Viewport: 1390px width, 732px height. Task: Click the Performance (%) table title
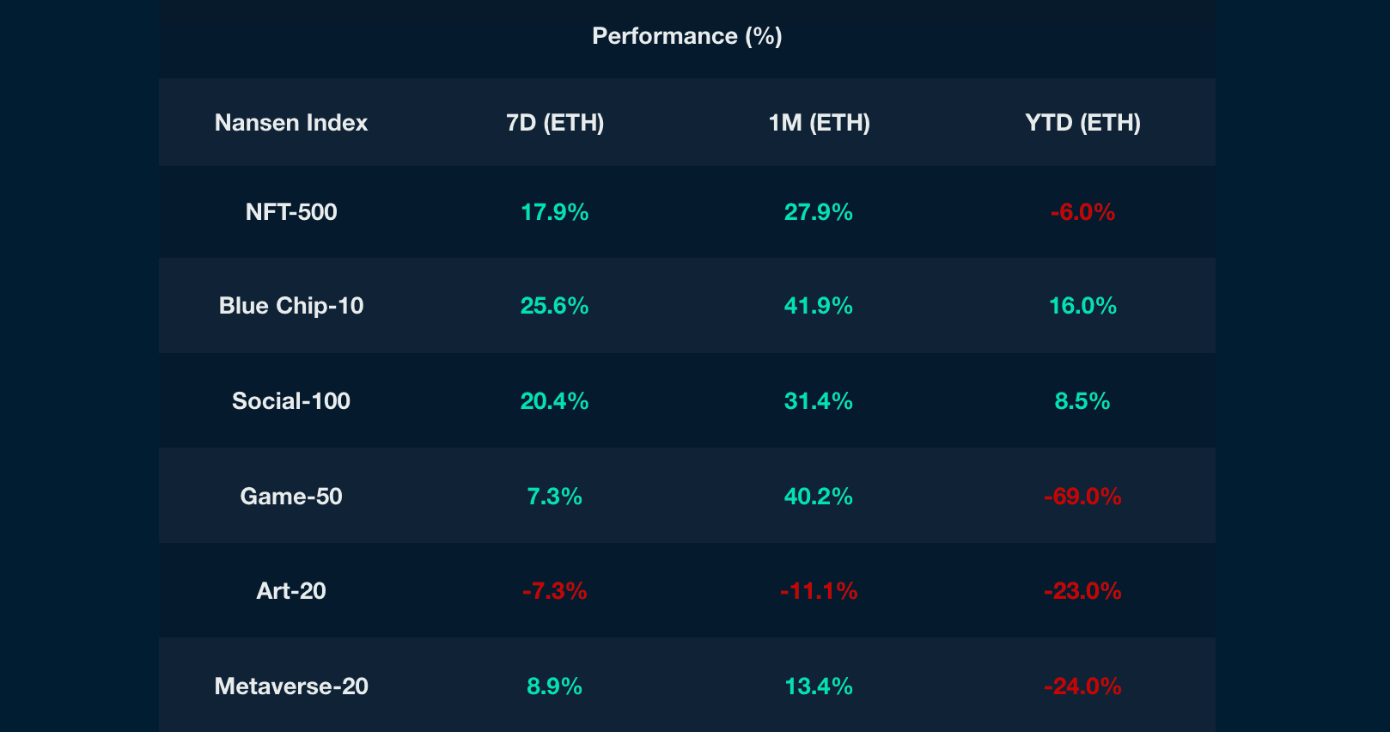686,36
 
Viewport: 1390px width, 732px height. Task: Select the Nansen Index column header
291,123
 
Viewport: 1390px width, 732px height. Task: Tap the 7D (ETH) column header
555,123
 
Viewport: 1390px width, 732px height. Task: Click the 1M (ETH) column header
819,123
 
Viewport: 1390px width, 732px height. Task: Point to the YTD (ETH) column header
1082,123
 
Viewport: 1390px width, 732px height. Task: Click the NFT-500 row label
291,212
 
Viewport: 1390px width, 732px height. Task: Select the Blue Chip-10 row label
291,306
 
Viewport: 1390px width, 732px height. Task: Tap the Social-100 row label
291,401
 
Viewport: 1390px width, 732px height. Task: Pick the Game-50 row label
291,497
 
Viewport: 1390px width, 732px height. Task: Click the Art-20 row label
291,591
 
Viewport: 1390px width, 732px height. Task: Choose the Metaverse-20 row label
291,686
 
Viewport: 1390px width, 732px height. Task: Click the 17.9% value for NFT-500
555,212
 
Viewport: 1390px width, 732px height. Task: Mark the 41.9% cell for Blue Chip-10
819,306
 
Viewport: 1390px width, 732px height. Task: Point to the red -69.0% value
1082,497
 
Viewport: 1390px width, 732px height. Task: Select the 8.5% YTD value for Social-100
1082,401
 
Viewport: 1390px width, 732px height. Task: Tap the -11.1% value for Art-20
819,591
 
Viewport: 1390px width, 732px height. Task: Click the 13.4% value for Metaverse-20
819,686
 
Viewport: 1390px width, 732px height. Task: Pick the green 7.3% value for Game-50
555,497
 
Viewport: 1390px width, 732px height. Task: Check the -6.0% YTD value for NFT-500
1082,212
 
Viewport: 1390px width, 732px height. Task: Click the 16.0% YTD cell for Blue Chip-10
1082,306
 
